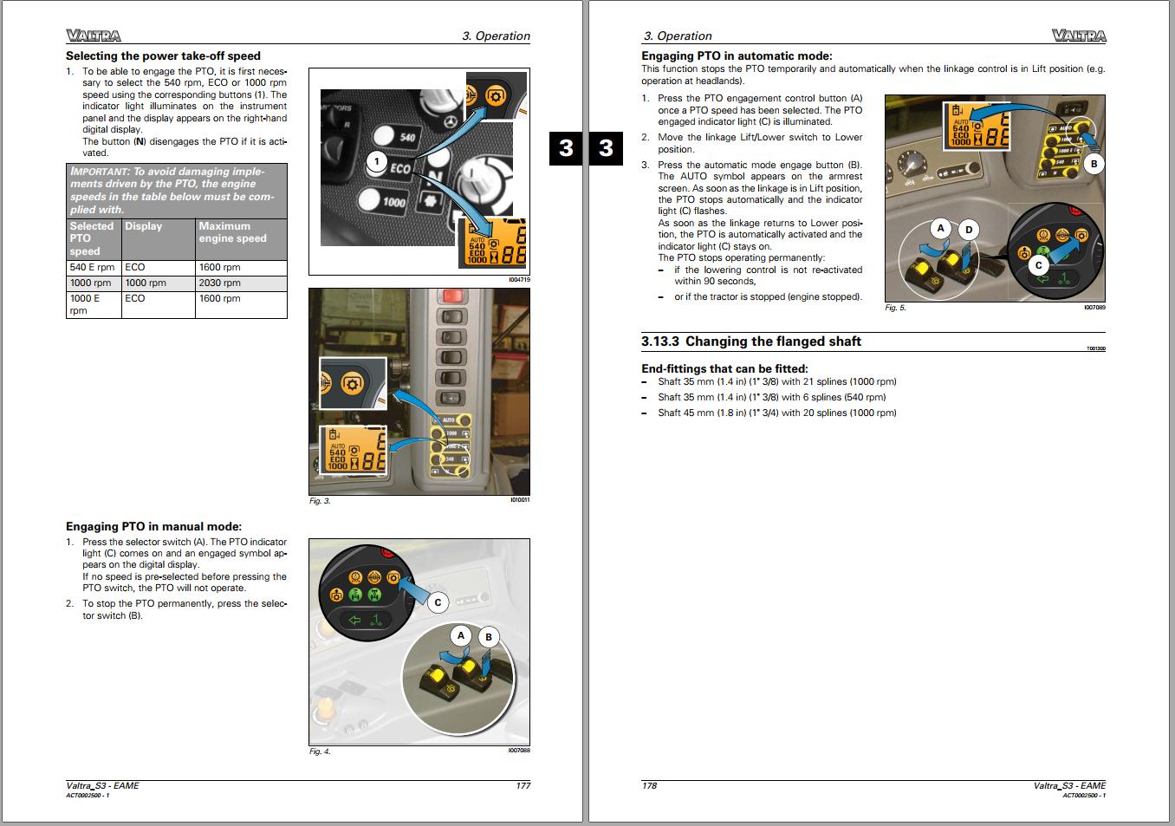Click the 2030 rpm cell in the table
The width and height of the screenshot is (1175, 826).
[219, 283]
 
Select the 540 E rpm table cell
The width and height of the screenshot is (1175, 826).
[92, 267]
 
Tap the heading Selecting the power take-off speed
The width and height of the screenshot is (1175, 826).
[163, 55]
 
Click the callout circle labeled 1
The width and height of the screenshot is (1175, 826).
[376, 161]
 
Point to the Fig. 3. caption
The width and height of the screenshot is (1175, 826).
[320, 501]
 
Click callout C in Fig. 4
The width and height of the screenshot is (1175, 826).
[438, 602]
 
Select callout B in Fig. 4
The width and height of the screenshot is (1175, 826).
[488, 637]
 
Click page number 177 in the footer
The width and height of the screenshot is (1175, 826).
[523, 785]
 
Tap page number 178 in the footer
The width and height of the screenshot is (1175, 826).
[649, 785]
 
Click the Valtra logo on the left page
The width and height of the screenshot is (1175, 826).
[93, 36]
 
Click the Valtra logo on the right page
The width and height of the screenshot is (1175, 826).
[1079, 36]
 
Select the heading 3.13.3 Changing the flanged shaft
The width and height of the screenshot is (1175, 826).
[750, 341]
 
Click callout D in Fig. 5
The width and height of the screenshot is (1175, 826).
[969, 230]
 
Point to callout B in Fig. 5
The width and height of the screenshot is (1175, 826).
[1094, 163]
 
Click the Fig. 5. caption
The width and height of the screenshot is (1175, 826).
[895, 308]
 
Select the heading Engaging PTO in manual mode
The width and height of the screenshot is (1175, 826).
[153, 526]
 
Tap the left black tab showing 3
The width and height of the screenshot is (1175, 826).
[566, 148]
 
